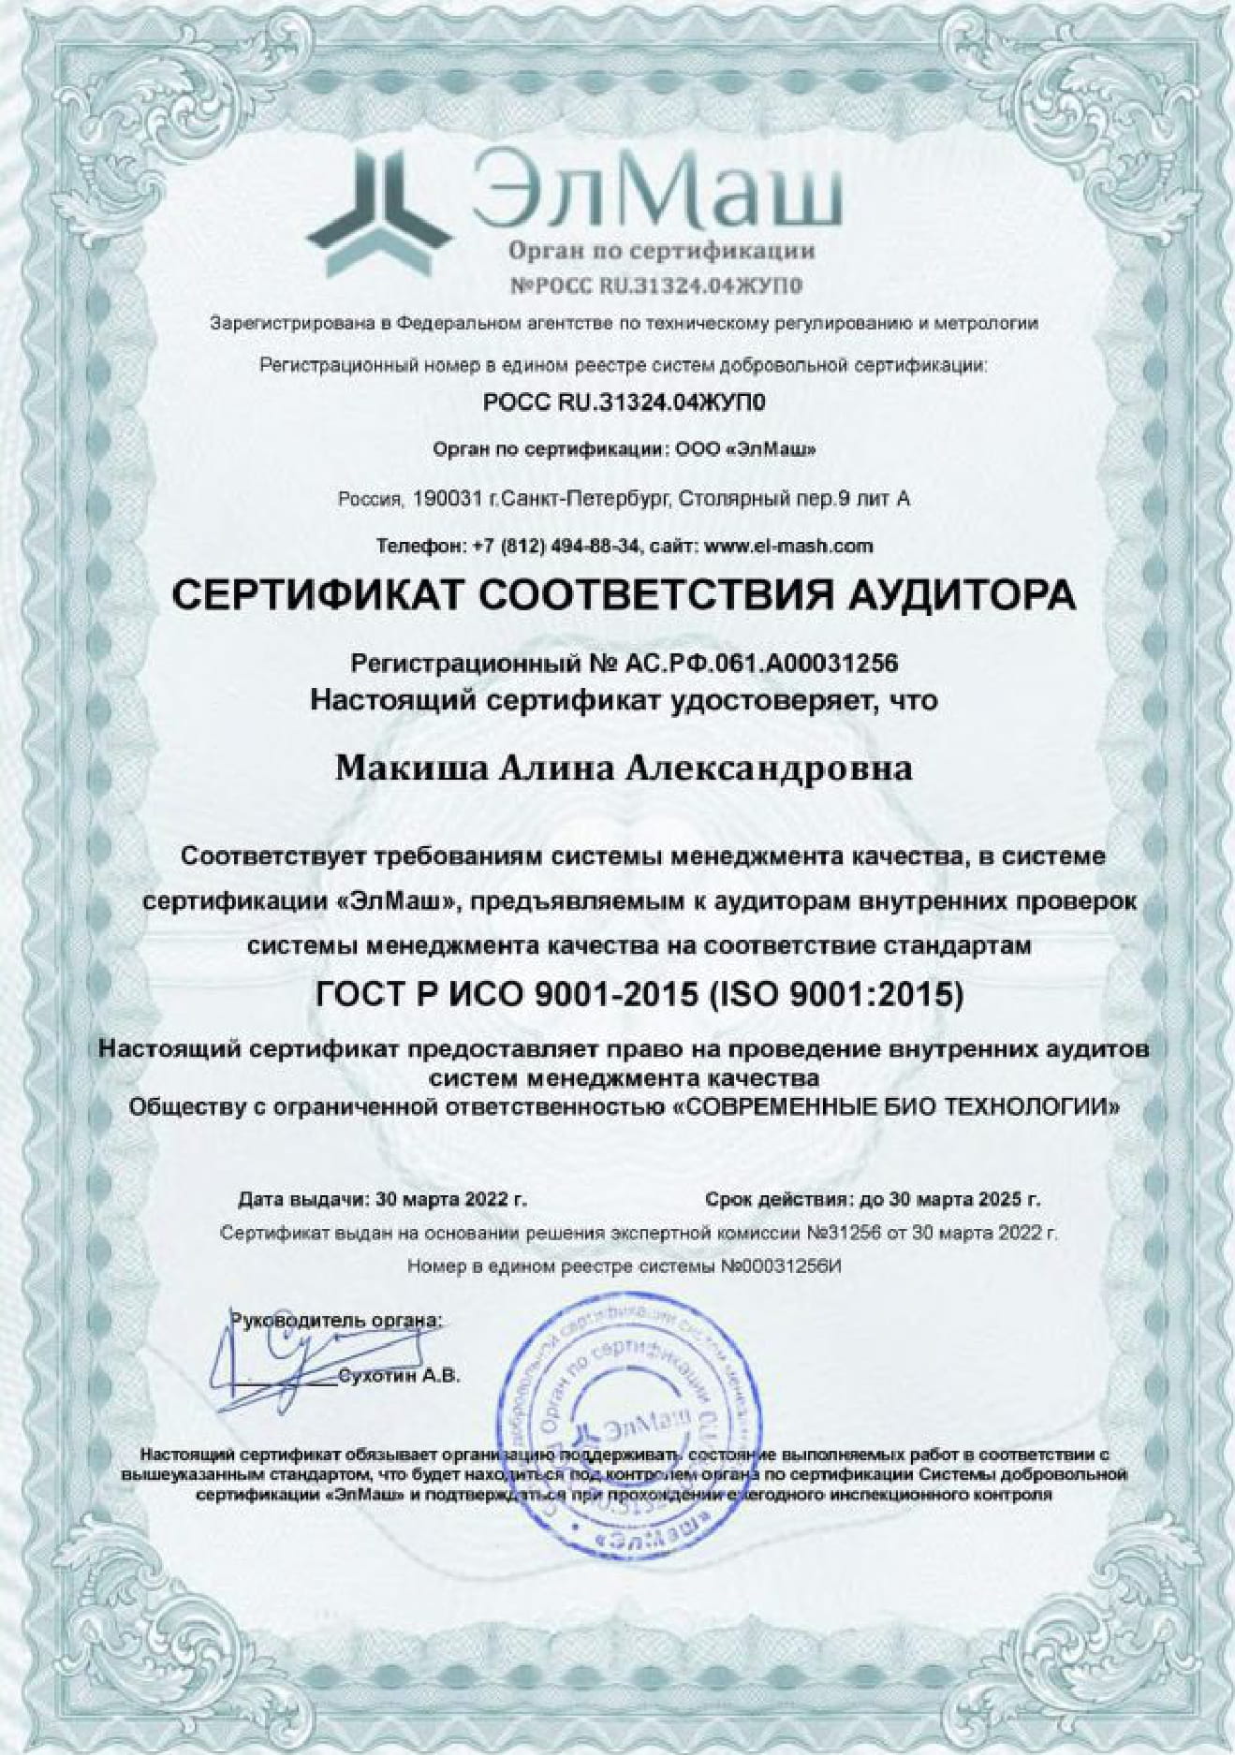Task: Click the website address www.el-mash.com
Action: [787, 546]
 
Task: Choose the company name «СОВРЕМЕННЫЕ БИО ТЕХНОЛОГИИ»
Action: [896, 1107]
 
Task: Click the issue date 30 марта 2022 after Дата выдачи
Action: [449, 1199]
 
